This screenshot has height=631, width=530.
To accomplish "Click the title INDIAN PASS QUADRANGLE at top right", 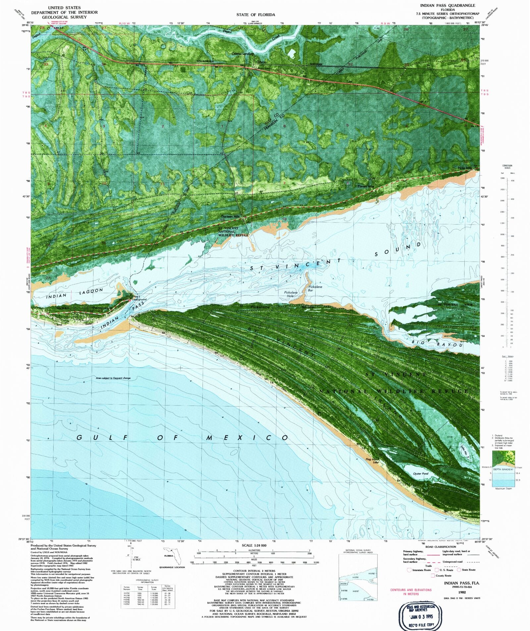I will [x=447, y=6].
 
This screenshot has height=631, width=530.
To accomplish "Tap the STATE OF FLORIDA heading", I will [x=255, y=15].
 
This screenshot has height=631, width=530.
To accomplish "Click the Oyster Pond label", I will [x=421, y=474].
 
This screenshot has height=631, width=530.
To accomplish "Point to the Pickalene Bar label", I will [x=315, y=288].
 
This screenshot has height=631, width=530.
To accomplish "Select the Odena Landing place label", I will [x=242, y=53].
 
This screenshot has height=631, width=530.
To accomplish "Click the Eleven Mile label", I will [x=365, y=186].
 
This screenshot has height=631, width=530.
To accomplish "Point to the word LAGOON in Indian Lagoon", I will [x=91, y=290].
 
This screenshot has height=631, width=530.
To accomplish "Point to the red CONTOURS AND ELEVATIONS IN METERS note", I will [x=411, y=592].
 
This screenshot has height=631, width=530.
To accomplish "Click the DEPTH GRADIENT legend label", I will [x=503, y=469].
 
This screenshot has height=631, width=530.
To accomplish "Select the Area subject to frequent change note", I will [x=113, y=378].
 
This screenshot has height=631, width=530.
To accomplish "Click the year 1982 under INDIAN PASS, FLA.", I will [x=462, y=592].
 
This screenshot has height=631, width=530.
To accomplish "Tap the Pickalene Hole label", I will [x=291, y=294].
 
